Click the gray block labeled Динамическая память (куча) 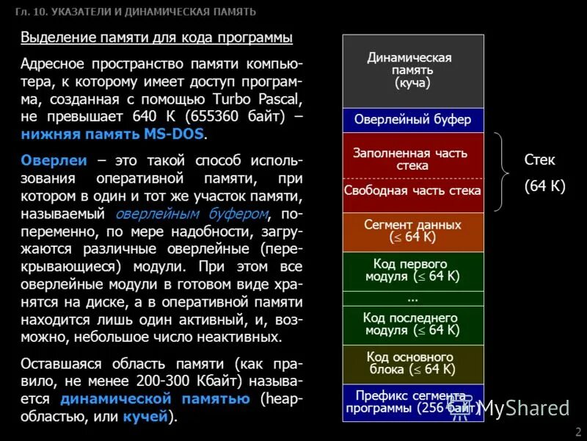point(413,71)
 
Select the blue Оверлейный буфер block point(413,120)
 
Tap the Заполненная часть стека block point(413,156)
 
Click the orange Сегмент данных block point(413,231)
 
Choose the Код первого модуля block point(413,270)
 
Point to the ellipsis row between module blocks point(413,298)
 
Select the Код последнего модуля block point(413,324)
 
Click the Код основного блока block point(413,363)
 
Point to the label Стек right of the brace point(539,159)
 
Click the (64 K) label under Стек point(544,186)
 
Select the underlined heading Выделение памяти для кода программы point(156,37)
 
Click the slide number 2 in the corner point(578,431)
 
